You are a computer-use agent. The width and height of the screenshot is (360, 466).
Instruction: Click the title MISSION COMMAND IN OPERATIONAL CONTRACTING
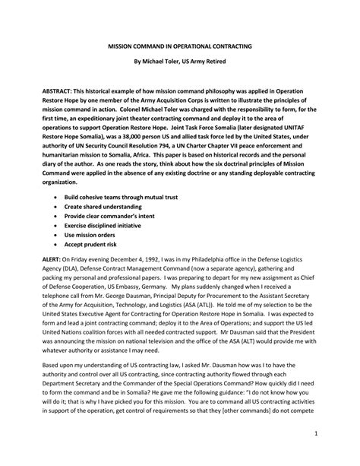(x=180, y=46)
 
